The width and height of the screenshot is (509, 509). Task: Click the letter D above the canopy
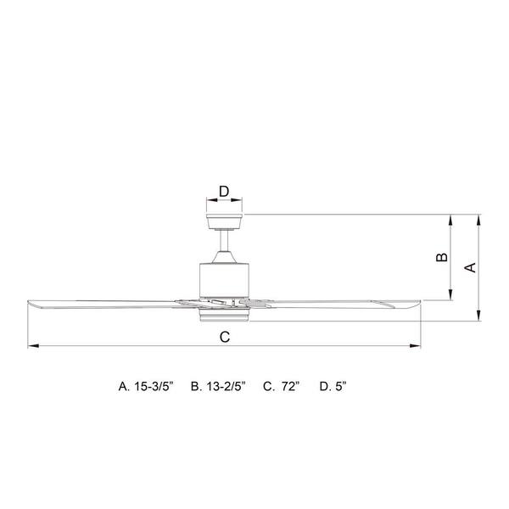tap(224, 192)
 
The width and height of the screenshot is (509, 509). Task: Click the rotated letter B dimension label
tap(441, 257)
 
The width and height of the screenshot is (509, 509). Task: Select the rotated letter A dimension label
tap(470, 267)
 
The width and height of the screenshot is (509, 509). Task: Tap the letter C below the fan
tap(225, 337)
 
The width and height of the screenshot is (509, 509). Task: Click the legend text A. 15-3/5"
tap(146, 386)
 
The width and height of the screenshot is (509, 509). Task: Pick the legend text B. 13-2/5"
tap(218, 386)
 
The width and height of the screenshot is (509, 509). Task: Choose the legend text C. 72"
tap(282, 386)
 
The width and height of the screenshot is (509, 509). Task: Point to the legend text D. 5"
tap(333, 386)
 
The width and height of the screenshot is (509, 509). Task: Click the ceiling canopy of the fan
tap(224, 221)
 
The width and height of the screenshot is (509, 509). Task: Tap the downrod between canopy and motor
tap(224, 241)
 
